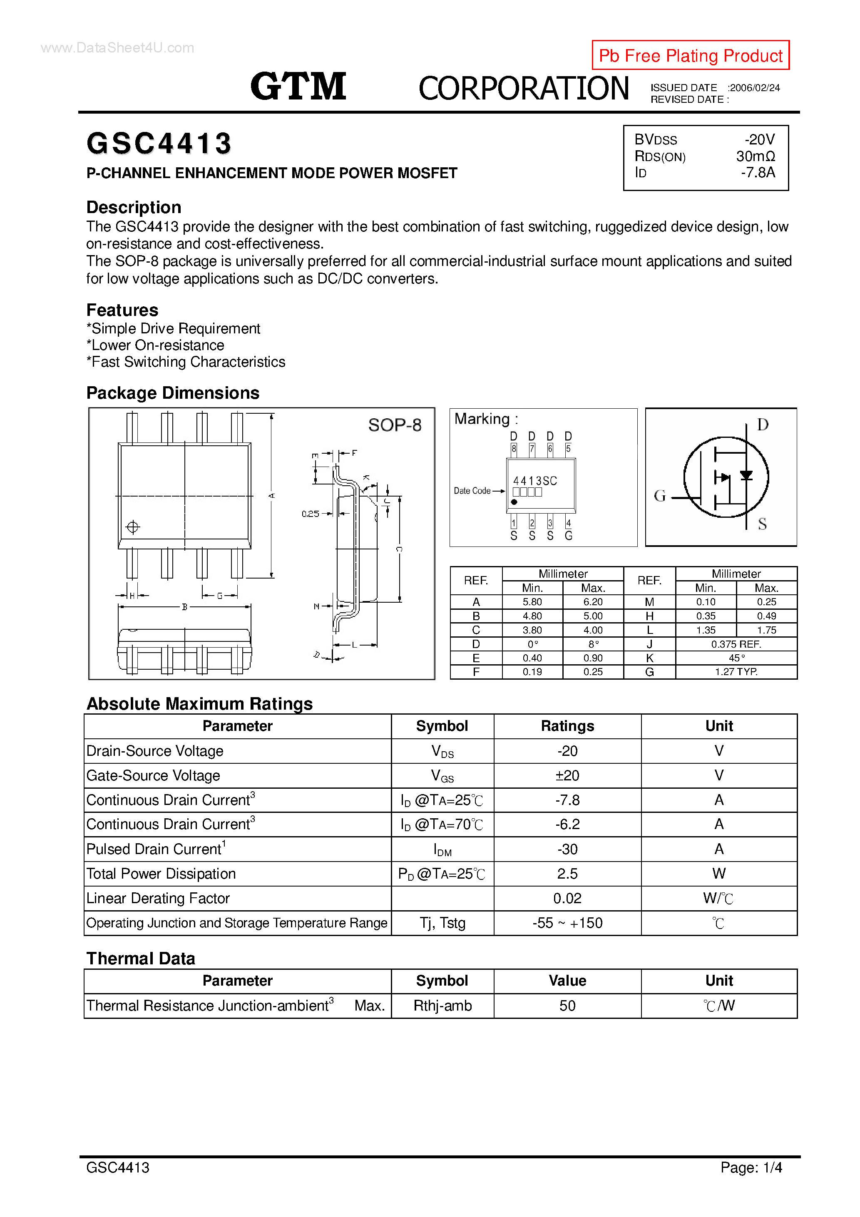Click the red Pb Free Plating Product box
pyautogui.click(x=690, y=55)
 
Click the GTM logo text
pyautogui.click(x=298, y=87)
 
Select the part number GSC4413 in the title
pyautogui.click(x=159, y=144)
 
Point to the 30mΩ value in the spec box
pyautogui.click(x=755, y=156)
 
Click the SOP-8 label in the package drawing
pyautogui.click(x=395, y=425)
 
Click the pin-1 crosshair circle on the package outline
pyautogui.click(x=132, y=527)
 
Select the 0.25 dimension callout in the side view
pyautogui.click(x=310, y=514)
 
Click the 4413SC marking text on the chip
pyautogui.click(x=534, y=481)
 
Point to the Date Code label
pyautogui.click(x=472, y=491)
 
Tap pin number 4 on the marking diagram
pyautogui.click(x=568, y=523)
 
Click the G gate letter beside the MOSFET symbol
pyautogui.click(x=660, y=496)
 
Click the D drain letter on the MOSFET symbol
pyautogui.click(x=763, y=425)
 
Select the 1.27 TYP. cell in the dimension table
pyautogui.click(x=736, y=672)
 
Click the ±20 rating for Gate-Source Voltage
pyautogui.click(x=567, y=775)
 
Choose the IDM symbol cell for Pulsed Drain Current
pyautogui.click(x=442, y=849)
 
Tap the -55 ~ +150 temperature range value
pyautogui.click(x=567, y=923)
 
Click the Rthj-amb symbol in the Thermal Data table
pyautogui.click(x=442, y=1006)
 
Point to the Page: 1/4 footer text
pyautogui.click(x=751, y=1167)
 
